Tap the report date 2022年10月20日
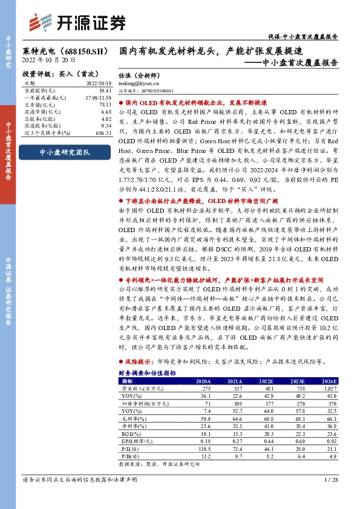pyautogui.click(x=50, y=60)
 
